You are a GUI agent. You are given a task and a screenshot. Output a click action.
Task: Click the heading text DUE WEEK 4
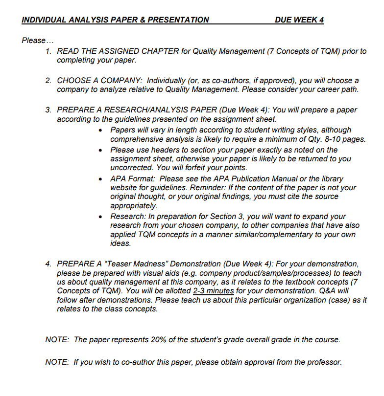pos(299,20)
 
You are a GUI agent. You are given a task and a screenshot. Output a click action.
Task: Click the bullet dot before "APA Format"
pos(100,179)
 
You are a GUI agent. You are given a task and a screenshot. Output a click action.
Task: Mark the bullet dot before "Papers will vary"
pos(100,130)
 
